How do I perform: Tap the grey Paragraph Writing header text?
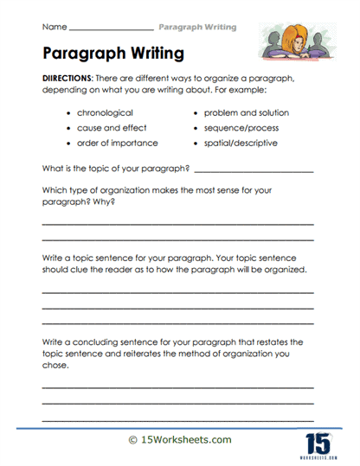(x=197, y=27)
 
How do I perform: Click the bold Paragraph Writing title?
(x=112, y=54)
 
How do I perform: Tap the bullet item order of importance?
(x=118, y=143)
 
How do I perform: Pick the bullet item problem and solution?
(x=247, y=113)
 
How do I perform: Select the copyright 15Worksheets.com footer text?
(x=180, y=440)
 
